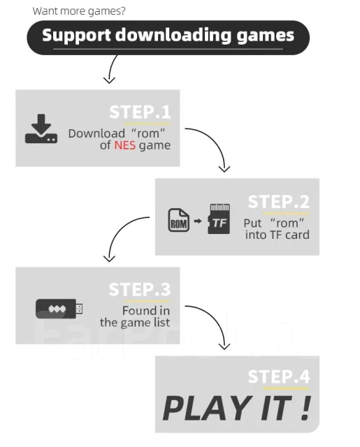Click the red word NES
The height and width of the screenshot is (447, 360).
point(125,145)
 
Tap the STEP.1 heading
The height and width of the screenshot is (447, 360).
point(140,112)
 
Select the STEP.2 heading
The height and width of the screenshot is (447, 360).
point(279,202)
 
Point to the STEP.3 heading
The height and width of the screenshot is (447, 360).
point(140,289)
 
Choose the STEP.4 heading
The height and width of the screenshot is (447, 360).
point(279,376)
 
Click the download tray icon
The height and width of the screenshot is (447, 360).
point(41,129)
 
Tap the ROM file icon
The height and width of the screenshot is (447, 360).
point(178,220)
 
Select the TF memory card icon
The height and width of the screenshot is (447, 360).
point(219,219)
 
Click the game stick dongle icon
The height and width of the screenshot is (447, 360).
point(59,309)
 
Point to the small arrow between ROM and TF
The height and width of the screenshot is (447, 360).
point(198,221)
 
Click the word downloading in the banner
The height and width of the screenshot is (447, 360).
point(173,36)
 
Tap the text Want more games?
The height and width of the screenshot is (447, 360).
point(79,11)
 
